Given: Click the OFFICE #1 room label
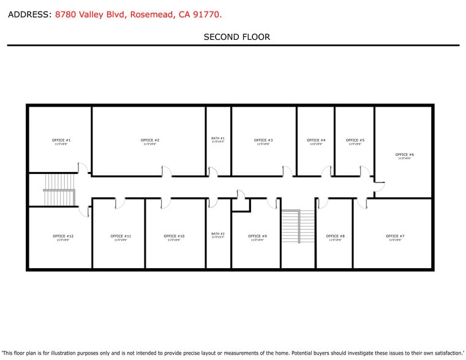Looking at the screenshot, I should click(61, 140).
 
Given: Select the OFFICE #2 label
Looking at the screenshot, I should click(150, 140).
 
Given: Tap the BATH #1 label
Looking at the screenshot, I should click(218, 138).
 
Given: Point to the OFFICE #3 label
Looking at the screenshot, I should click(263, 140).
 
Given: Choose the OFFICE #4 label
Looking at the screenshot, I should click(316, 140).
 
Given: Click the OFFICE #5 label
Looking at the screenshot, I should click(355, 140).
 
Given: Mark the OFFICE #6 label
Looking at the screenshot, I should click(405, 155).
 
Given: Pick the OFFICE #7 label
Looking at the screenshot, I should click(395, 236).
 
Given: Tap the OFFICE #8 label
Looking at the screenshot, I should click(335, 236).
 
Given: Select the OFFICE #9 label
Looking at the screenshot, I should click(257, 236).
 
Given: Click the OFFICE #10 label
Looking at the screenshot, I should click(174, 236).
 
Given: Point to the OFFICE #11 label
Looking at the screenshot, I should click(121, 236).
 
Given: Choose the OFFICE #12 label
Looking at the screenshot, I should click(63, 236).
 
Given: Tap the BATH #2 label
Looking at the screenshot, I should click(218, 234).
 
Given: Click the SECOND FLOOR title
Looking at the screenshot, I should click(236, 37).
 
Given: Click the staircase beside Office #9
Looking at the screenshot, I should click(298, 227).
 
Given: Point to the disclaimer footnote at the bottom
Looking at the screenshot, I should click(233, 353).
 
